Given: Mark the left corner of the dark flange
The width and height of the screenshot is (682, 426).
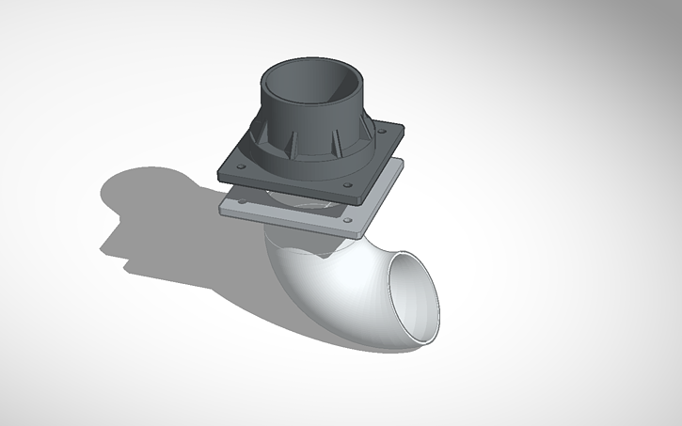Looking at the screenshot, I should click(x=218, y=170).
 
